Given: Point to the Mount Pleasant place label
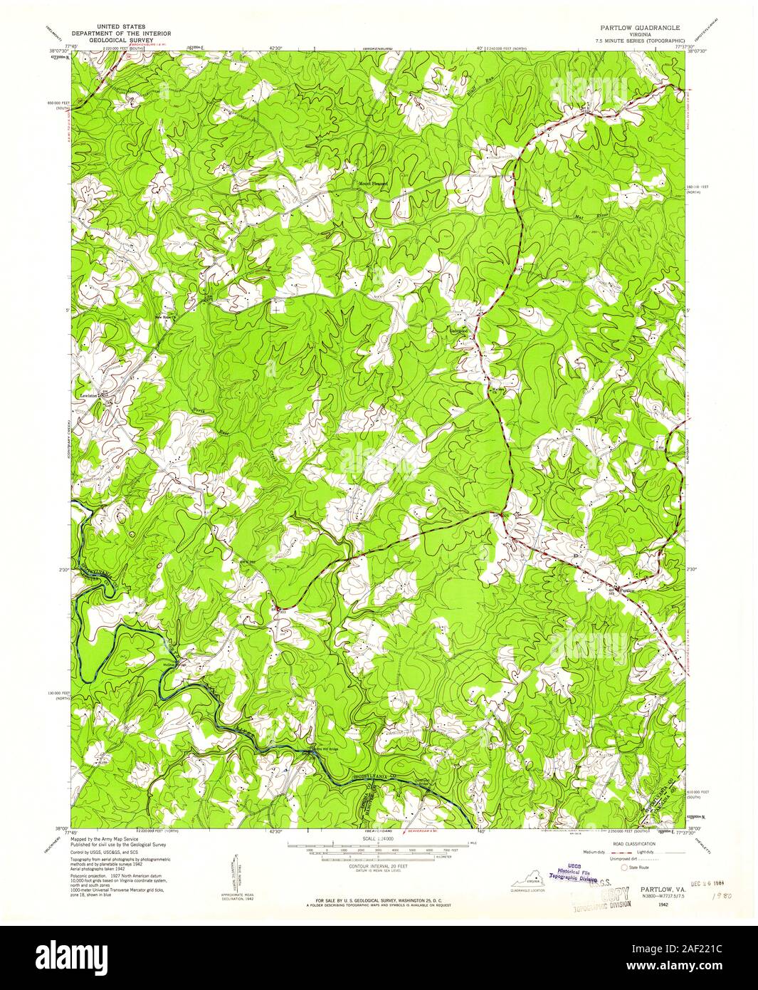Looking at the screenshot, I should [x=373, y=183].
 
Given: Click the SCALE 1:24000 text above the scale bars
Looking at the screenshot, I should [x=378, y=840].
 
